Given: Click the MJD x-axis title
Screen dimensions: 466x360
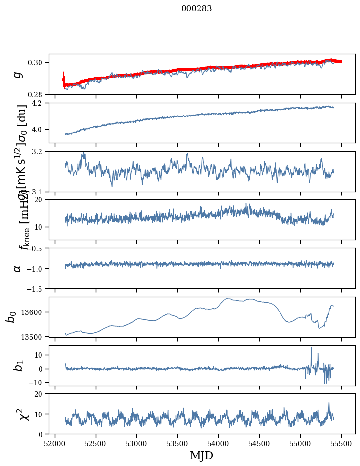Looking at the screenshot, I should click(201, 455).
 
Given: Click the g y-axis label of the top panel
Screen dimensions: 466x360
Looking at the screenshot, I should click(18, 74).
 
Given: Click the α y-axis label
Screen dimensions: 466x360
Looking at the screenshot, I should click(18, 268).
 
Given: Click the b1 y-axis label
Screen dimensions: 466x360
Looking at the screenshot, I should click(18, 365).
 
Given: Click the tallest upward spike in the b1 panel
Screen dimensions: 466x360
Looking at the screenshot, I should click(311, 348).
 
